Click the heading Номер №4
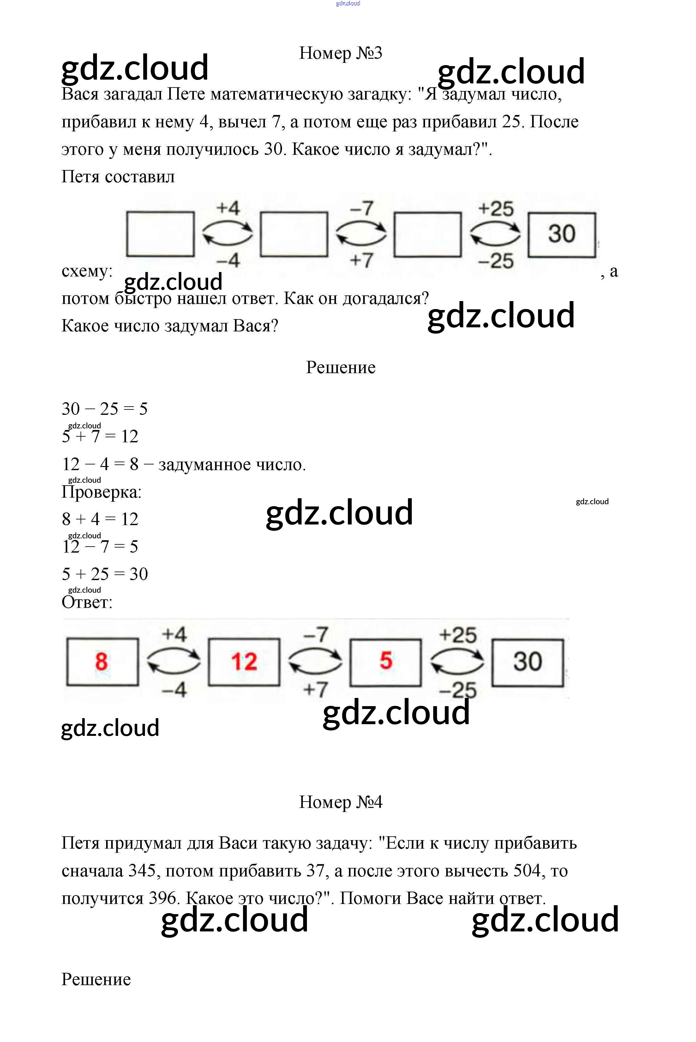click(340, 802)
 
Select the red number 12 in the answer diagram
click(244, 662)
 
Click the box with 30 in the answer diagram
click(528, 662)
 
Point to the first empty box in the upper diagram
click(160, 234)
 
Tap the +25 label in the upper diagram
click(496, 209)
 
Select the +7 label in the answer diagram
click(315, 689)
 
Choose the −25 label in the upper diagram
click(496, 261)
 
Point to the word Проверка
click(101, 492)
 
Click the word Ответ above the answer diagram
click(87, 602)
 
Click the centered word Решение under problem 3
click(340, 367)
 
